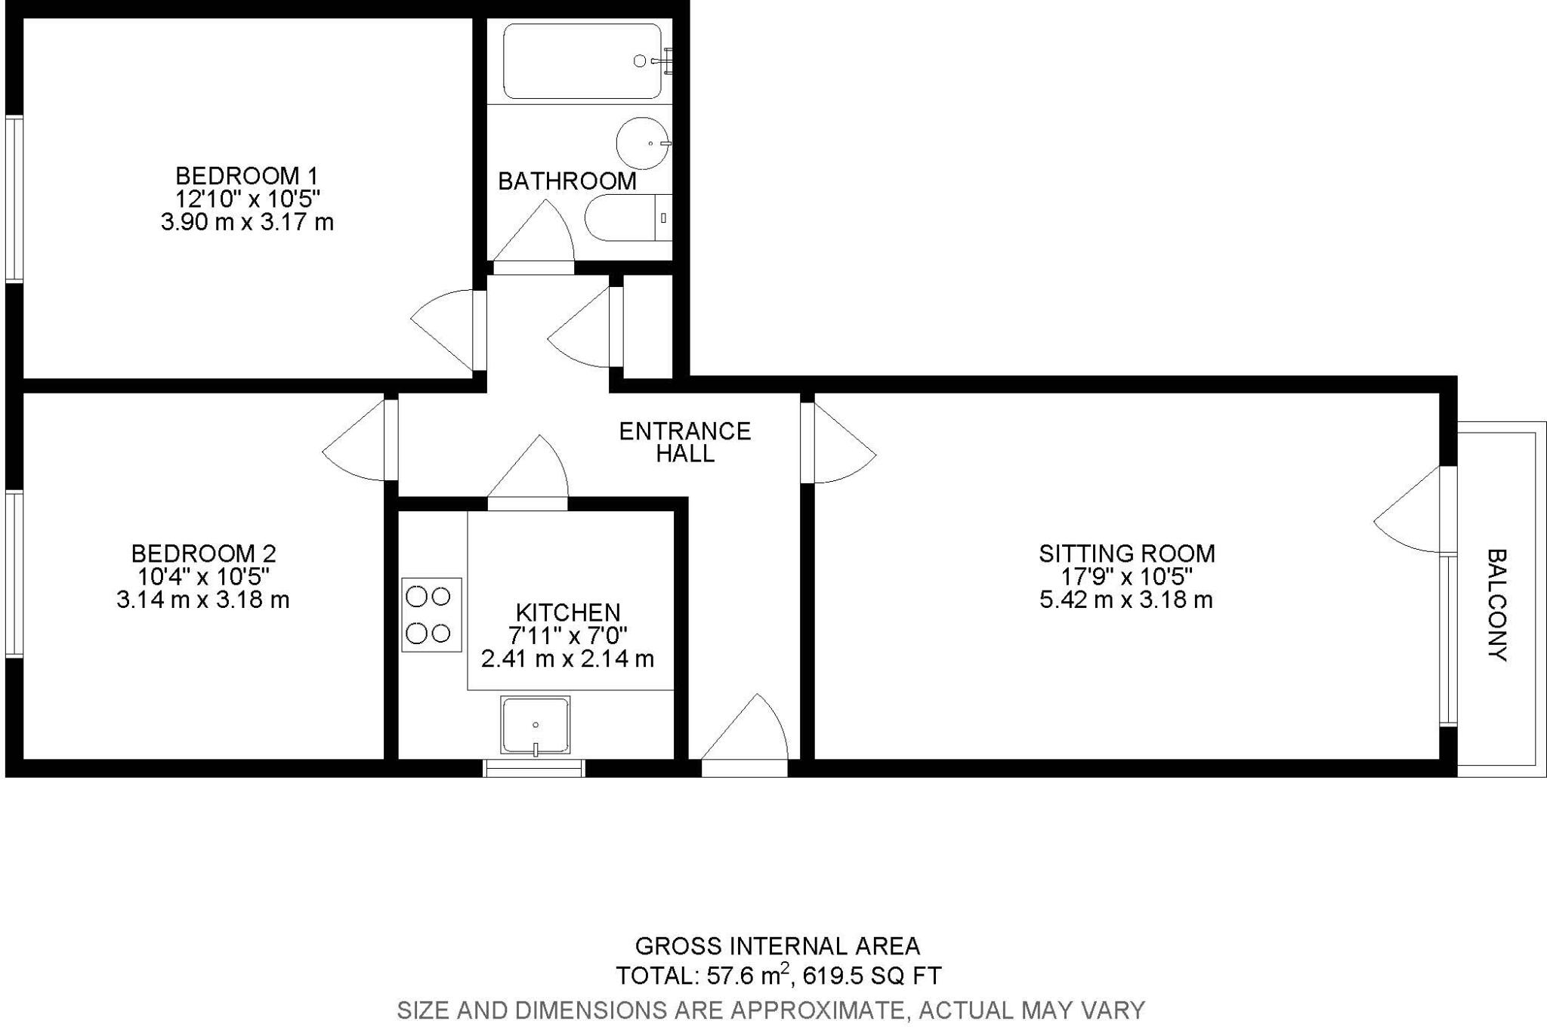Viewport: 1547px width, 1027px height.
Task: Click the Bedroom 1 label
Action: [x=247, y=176]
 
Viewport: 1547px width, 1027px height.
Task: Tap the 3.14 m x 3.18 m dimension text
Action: [x=203, y=600]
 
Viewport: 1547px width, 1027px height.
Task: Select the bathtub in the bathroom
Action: [x=582, y=61]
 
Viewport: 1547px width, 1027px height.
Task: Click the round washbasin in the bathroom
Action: [x=643, y=143]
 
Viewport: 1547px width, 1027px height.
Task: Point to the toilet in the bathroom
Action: [x=627, y=217]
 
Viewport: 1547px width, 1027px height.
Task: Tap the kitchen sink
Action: [x=536, y=726]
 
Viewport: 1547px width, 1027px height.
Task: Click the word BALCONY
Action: [x=1496, y=605]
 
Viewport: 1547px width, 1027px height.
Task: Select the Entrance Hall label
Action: [x=684, y=442]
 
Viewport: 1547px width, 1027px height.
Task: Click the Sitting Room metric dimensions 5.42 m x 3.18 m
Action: [x=1126, y=600]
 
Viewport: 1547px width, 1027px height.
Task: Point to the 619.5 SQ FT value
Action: [x=872, y=976]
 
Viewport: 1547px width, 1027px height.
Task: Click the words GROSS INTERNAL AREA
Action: [x=777, y=945]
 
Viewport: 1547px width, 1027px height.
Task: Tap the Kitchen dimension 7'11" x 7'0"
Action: [x=567, y=635]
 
